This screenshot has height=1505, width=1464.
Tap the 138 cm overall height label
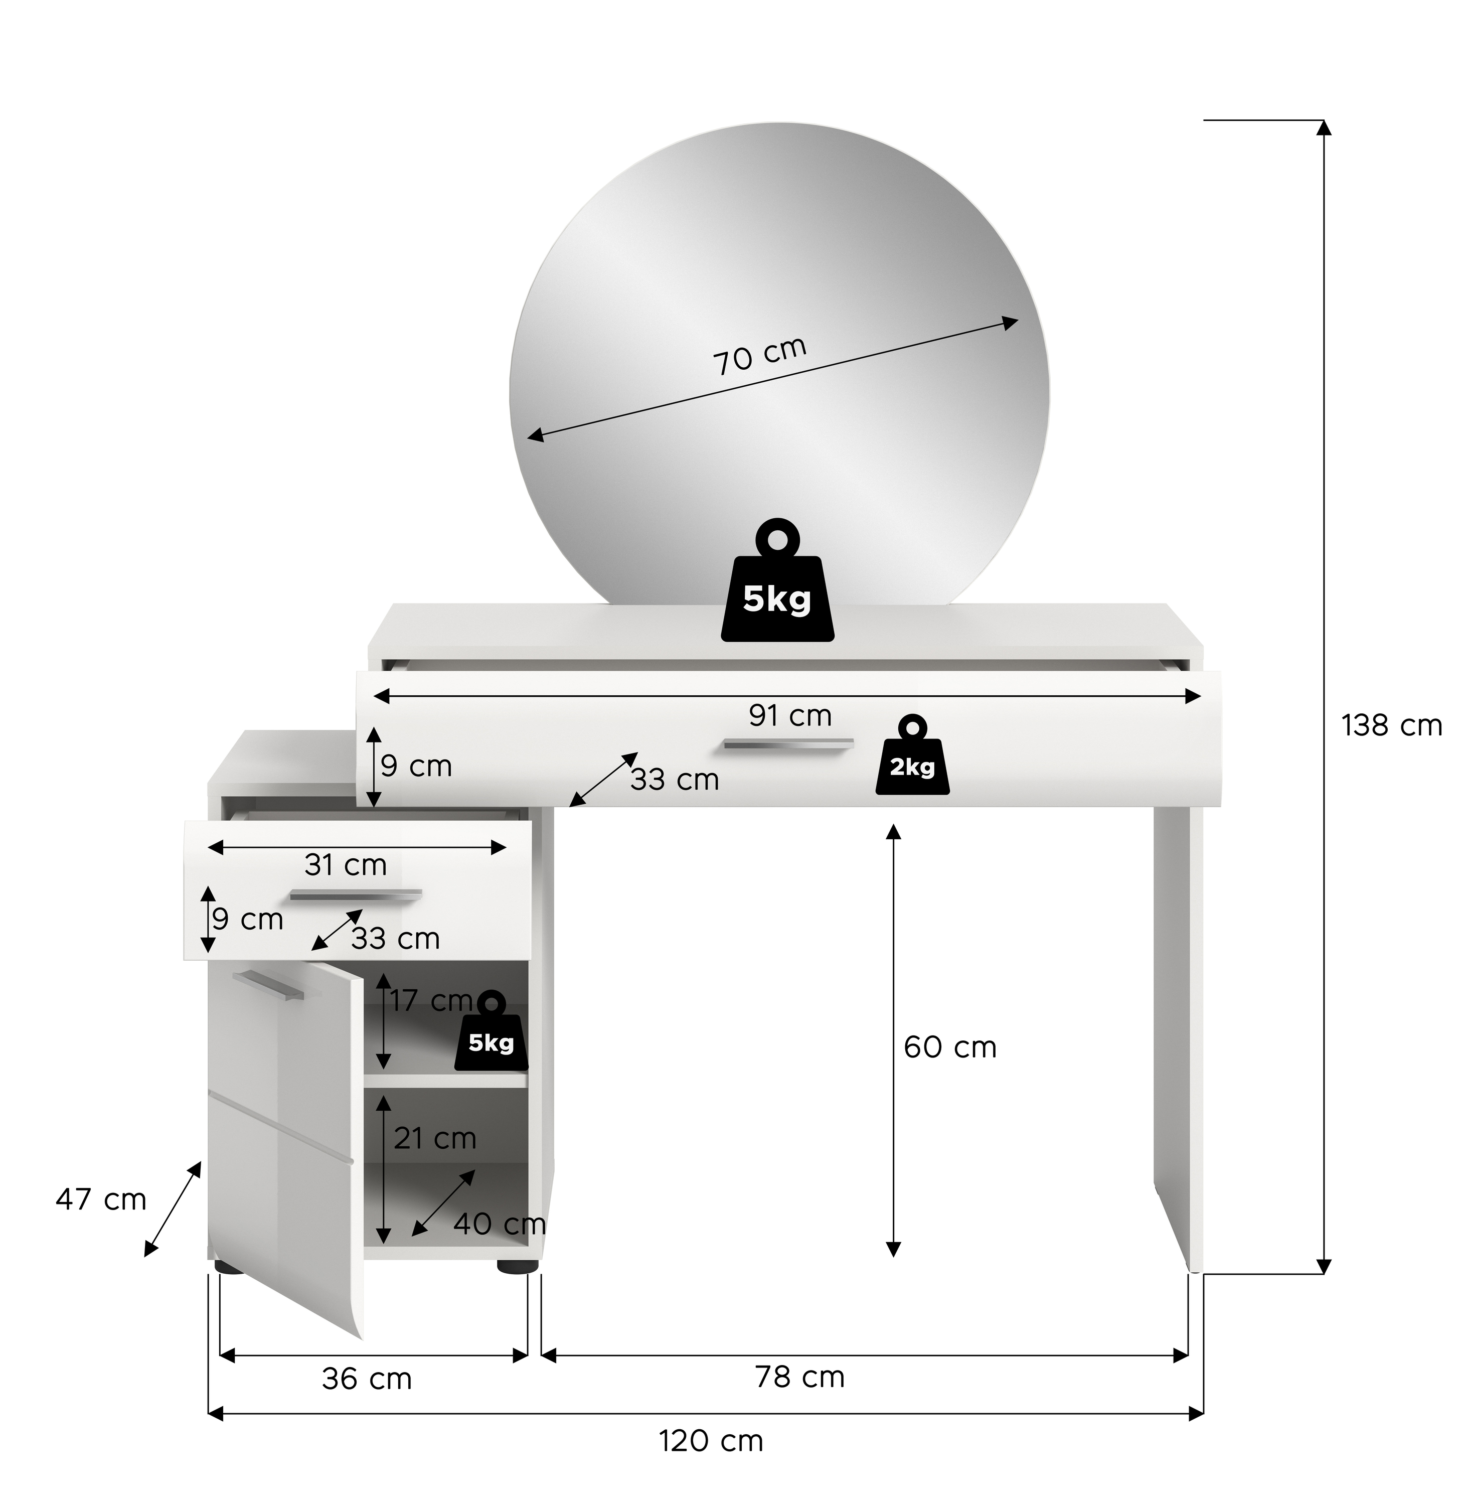1392,726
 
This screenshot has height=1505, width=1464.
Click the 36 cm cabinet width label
367,1379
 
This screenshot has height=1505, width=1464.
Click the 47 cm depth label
101,1199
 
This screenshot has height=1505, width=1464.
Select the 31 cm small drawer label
345,865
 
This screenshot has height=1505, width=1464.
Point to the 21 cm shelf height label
435,1138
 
